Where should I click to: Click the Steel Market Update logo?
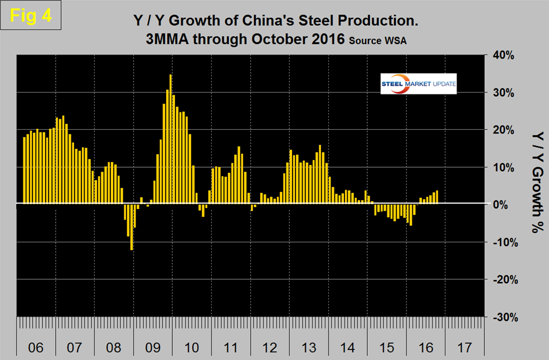418,84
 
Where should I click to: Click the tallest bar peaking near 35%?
171,139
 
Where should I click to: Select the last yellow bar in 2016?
437,197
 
